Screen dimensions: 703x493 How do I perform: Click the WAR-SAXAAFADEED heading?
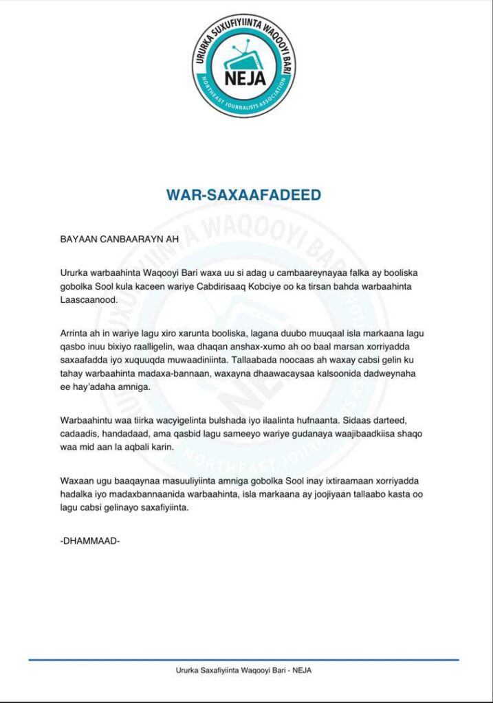tap(243, 195)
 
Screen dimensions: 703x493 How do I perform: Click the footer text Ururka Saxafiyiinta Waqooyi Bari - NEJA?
tap(244, 671)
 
